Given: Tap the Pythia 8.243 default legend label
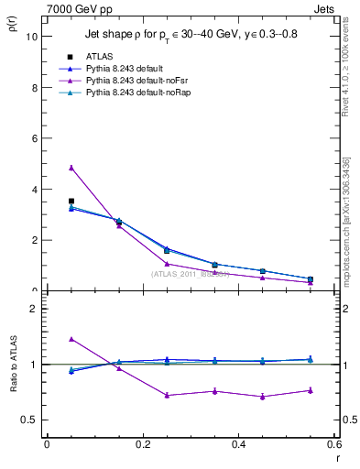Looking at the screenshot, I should click(x=130, y=68).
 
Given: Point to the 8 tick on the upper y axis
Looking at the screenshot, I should click(x=34, y=88).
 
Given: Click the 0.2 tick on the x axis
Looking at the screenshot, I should click(x=142, y=444).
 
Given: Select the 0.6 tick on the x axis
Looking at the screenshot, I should click(x=333, y=444).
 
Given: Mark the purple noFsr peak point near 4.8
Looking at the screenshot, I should click(x=71, y=168).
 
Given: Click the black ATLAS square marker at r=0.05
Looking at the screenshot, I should click(x=71, y=201).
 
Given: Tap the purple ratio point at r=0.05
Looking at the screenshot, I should click(x=71, y=339).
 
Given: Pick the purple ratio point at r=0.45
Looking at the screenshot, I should click(x=262, y=397).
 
